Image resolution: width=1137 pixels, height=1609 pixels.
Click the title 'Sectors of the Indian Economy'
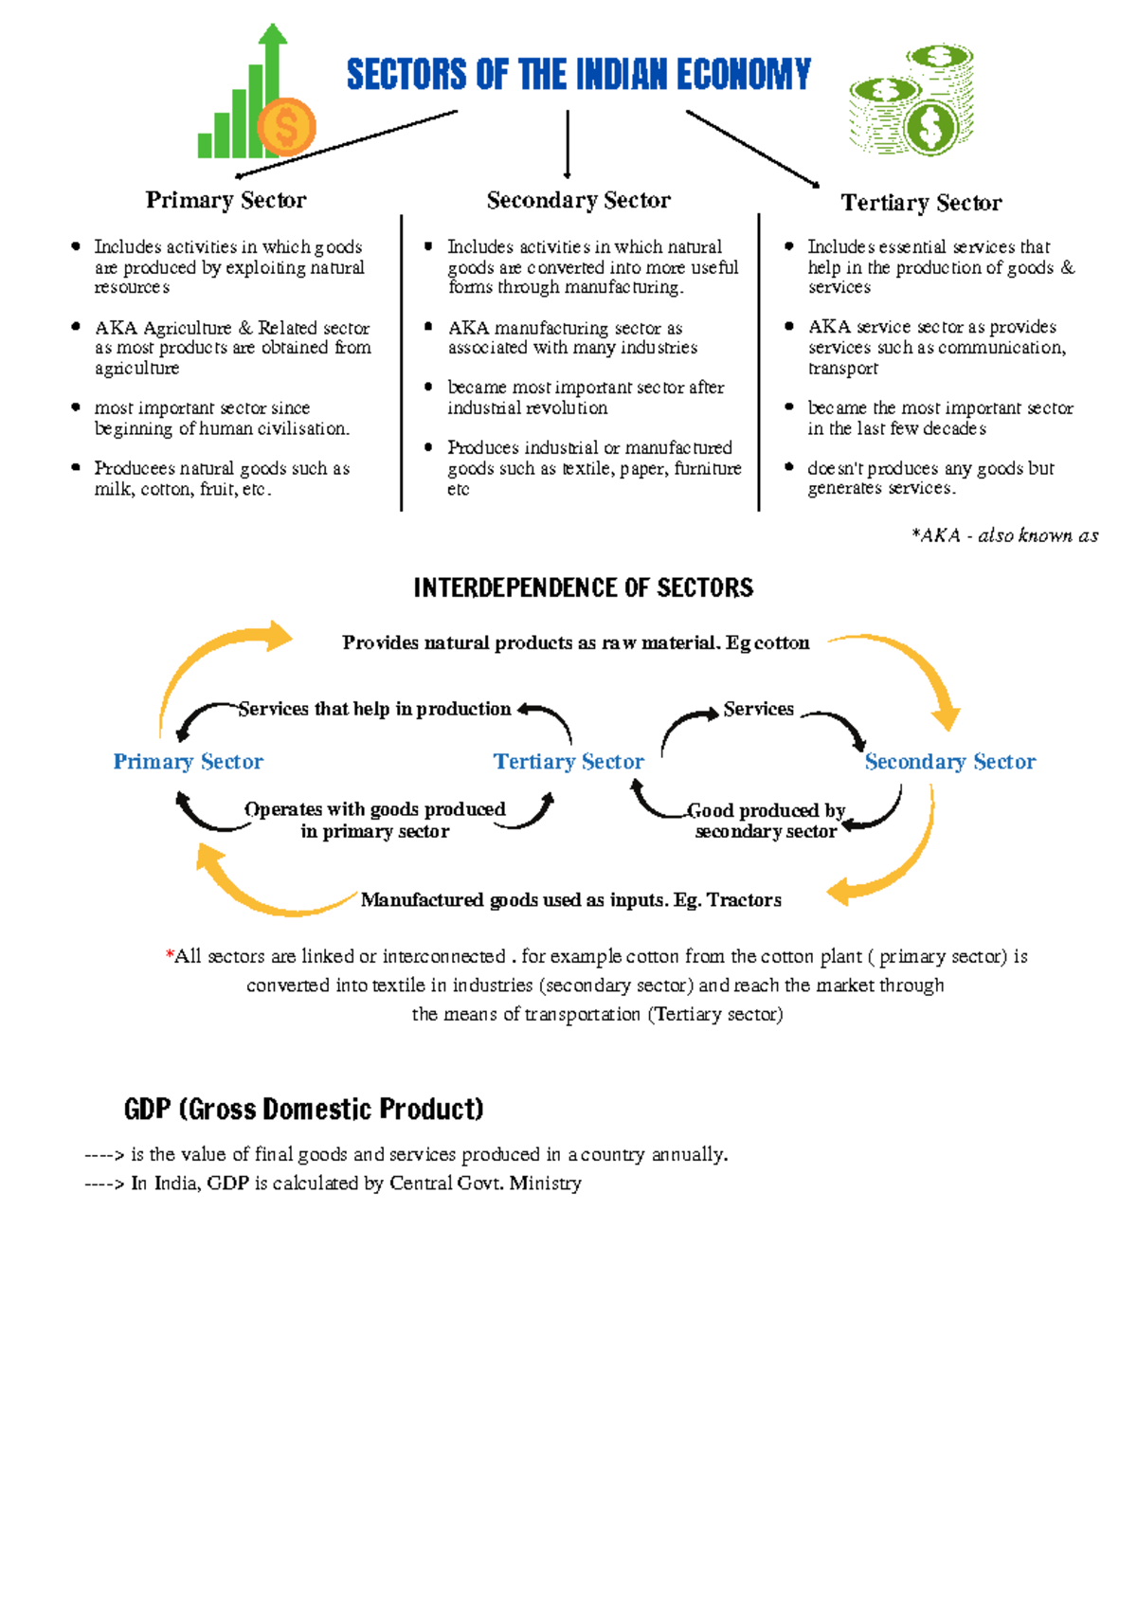pos(578,74)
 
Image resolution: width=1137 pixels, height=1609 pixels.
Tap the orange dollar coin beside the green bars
pos(286,127)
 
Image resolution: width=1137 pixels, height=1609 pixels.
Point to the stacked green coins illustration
pos(911,99)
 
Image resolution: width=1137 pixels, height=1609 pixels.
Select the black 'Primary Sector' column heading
pos(226,200)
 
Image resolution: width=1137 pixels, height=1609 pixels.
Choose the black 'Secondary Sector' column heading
pos(578,200)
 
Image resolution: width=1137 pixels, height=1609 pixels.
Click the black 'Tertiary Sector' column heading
pos(921,203)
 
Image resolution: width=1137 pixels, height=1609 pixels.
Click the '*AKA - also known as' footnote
pos(1004,535)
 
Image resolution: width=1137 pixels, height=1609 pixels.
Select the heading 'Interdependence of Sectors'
pos(583,588)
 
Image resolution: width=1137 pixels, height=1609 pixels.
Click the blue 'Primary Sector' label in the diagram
pos(188,762)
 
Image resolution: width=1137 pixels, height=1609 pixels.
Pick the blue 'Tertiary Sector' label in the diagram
pos(568,762)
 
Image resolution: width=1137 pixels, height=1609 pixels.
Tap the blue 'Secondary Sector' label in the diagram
pos(949,762)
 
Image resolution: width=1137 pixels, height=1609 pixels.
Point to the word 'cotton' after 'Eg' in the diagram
pos(782,643)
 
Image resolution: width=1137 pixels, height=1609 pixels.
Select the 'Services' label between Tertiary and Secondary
pos(758,709)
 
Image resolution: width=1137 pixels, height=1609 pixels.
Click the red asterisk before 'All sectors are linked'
pos(170,956)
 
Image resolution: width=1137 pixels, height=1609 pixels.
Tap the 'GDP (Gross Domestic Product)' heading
pos(303,1109)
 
